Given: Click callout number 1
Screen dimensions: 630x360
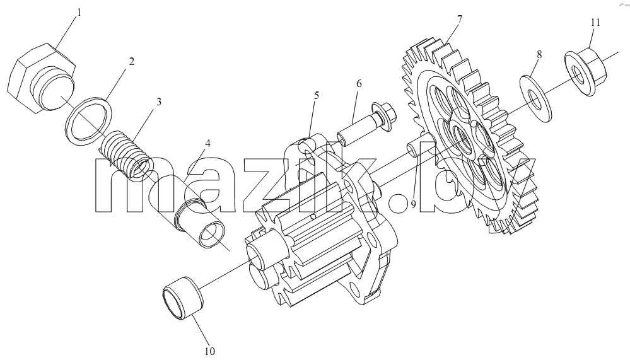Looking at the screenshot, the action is [x=79, y=13].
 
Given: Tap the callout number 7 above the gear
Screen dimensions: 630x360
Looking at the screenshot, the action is [x=460, y=19].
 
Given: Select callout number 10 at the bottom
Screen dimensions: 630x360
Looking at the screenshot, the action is [x=210, y=351].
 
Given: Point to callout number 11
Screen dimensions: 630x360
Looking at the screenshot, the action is [x=595, y=22].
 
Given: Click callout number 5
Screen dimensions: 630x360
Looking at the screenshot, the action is [x=317, y=95].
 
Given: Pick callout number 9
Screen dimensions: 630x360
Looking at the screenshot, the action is [x=413, y=205].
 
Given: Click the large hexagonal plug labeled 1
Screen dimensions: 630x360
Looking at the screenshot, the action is [x=42, y=78].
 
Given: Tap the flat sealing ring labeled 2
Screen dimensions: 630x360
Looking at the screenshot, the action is [x=88, y=120].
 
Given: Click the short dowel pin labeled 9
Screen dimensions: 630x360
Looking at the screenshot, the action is [x=420, y=149].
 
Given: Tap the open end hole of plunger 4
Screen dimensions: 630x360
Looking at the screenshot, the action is [x=213, y=235].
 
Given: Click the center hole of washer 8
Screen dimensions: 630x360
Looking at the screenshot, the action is [x=534, y=99].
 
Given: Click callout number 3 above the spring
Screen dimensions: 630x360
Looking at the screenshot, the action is [x=159, y=102].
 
